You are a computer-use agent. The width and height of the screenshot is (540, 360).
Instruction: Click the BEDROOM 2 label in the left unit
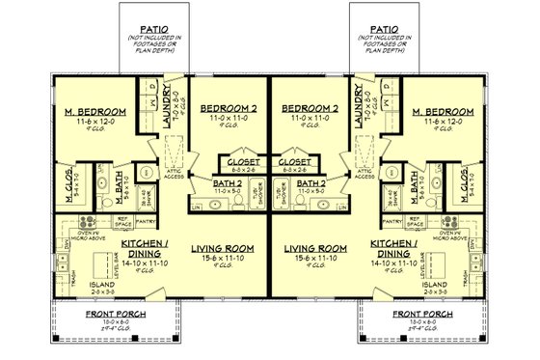point(227,108)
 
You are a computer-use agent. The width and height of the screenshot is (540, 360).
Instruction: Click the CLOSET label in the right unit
point(295,161)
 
